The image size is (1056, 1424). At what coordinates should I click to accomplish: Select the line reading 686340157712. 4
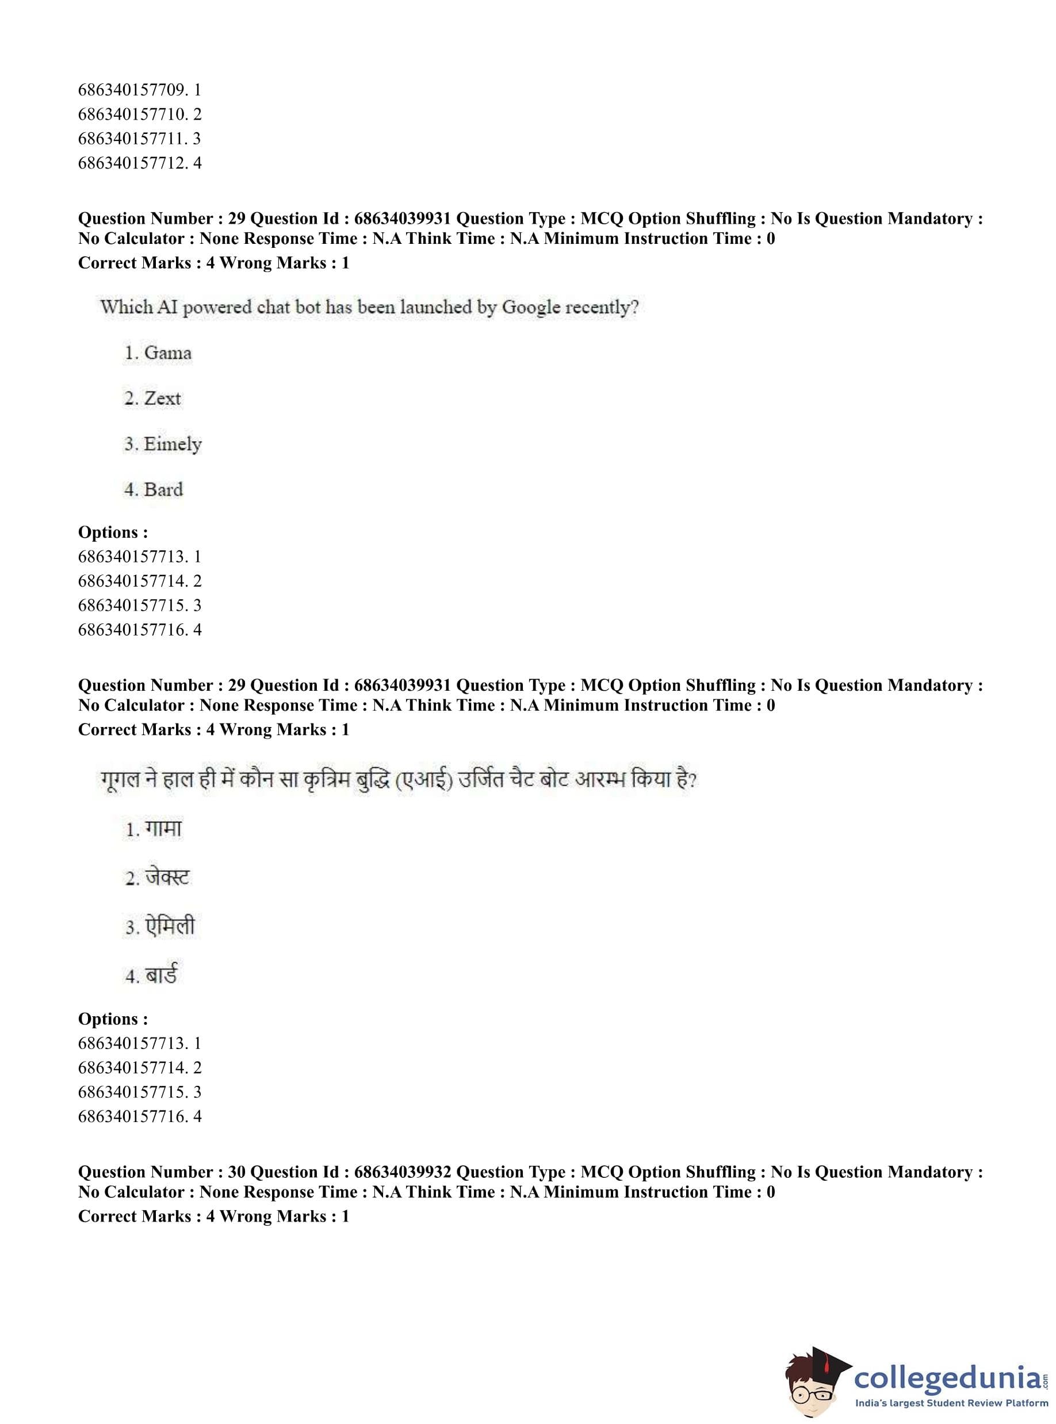[139, 163]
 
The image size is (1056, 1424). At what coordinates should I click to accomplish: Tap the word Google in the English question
[532, 308]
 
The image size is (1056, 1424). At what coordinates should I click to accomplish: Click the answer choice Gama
[167, 353]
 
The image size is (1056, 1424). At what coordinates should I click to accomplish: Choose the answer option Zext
[162, 398]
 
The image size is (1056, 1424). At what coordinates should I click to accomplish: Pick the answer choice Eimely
[173, 444]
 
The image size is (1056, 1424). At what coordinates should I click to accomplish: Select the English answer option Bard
[164, 489]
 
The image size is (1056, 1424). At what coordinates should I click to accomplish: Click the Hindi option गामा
[164, 829]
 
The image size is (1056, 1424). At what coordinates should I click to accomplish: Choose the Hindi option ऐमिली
[170, 926]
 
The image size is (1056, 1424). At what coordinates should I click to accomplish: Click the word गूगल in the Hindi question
[120, 780]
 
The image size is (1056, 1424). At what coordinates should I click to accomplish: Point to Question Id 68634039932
[403, 1172]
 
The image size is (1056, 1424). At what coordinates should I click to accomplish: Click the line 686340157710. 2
[139, 114]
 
